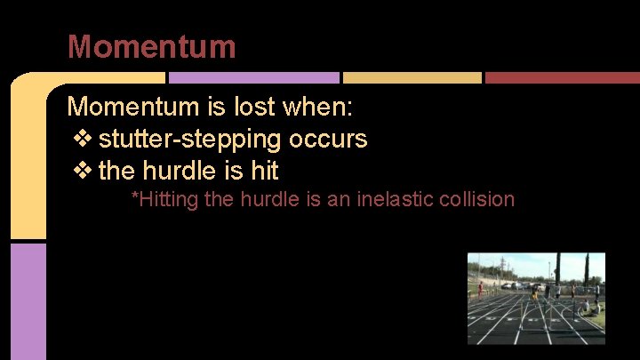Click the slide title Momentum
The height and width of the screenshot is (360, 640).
pyautogui.click(x=152, y=46)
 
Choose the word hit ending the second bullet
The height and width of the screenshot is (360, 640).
pyautogui.click(x=265, y=169)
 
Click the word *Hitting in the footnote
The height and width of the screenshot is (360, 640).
pyautogui.click(x=164, y=199)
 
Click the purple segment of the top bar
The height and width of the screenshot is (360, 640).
pyautogui.click(x=253, y=78)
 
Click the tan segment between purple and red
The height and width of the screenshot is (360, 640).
pyautogui.click(x=412, y=78)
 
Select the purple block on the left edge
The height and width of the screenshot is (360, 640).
pyautogui.click(x=28, y=300)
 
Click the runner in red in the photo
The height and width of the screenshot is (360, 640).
pyautogui.click(x=480, y=290)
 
